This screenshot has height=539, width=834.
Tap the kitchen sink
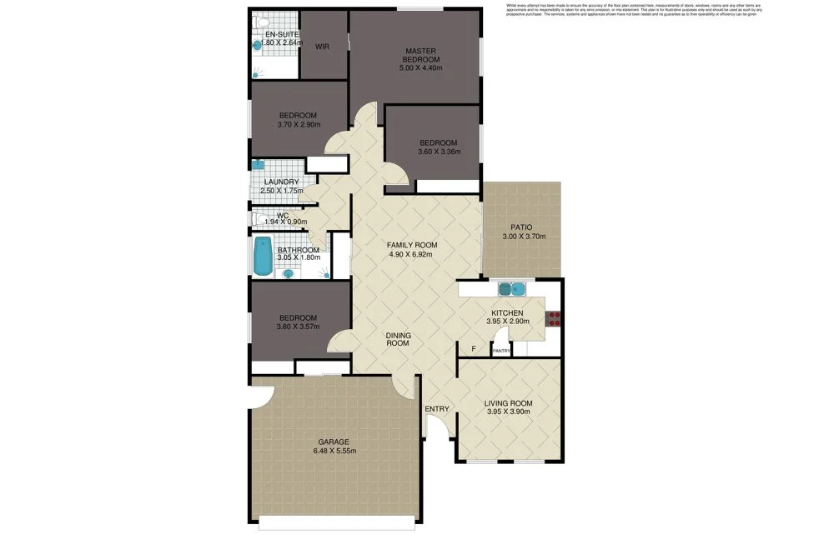[x=510, y=289]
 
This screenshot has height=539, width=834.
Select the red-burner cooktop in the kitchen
[x=551, y=317]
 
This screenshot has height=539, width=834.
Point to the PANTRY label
[x=501, y=351]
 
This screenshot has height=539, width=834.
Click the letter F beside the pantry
[x=474, y=348]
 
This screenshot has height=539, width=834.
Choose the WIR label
[x=322, y=47]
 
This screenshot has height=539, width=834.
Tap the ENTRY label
[x=437, y=409]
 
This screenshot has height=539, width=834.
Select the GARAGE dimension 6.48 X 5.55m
[x=333, y=452]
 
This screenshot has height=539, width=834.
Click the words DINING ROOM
[x=398, y=339]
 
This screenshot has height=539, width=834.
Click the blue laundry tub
[x=258, y=165]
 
